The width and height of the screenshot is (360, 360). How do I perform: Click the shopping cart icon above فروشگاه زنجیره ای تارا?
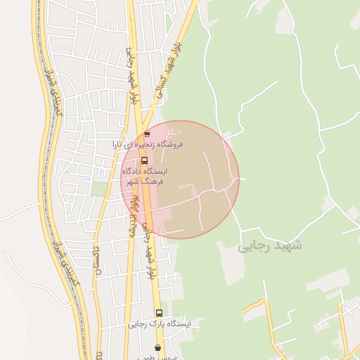tap(146, 134)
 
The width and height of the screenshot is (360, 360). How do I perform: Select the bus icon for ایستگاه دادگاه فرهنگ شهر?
tap(144, 160)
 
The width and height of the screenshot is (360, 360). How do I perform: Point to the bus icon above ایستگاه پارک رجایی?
tap(159, 313)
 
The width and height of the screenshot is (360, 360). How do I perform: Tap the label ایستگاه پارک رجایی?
tap(160, 324)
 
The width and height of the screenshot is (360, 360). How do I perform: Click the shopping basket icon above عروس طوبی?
tap(157, 347)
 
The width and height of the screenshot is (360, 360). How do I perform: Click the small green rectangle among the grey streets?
tap(98, 188)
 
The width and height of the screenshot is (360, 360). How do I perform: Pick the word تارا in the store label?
tap(122, 144)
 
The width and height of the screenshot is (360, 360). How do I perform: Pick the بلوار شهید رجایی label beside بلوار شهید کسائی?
tap(130, 77)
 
